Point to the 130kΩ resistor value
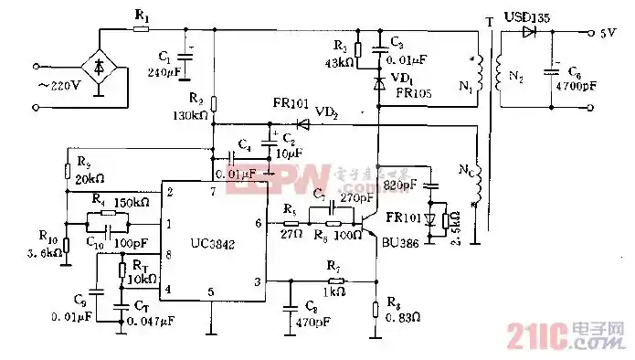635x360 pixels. coord(190,116)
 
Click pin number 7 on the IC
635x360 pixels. coord(212,192)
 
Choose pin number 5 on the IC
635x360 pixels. coord(211,292)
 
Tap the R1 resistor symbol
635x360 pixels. coord(141,28)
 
